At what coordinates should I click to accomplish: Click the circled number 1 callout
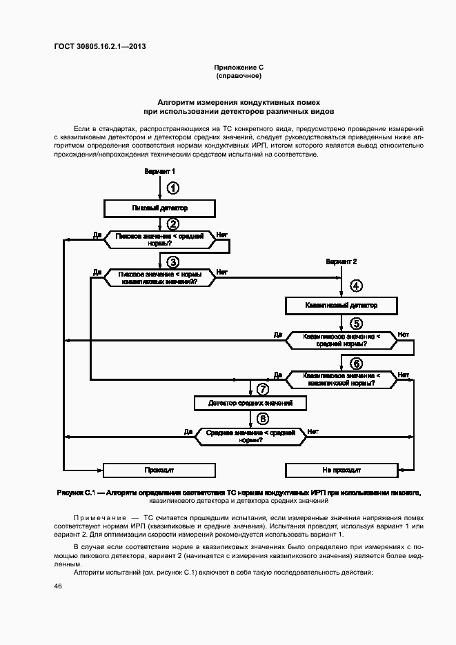pos(173,188)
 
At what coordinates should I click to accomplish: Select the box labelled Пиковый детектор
pos(159,207)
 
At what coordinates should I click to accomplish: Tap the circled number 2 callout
pos(173,224)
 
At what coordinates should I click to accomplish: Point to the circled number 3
pos(173,261)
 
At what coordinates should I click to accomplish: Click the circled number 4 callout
pos(356,286)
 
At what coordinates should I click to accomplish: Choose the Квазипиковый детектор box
pos(341,305)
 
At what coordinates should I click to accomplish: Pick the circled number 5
pos(356,323)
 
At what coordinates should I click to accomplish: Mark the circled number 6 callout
pos(356,364)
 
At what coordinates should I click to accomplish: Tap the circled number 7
pos(262,390)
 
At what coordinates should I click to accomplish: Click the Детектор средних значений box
pos(250,403)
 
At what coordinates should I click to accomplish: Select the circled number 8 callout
pos(262,419)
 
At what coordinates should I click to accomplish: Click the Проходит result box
pos(159,470)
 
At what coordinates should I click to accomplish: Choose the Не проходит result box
pos(341,470)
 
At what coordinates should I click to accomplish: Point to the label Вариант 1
pos(159,171)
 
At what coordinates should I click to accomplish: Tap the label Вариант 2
pos(341,262)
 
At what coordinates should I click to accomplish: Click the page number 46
pos(58,586)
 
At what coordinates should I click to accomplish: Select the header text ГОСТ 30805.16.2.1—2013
pos(99,47)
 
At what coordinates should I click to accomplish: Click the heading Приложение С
pos(239,67)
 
